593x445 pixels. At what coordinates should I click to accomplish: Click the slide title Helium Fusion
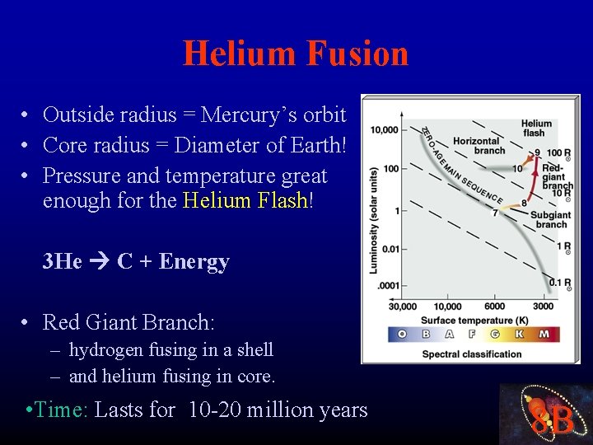296,54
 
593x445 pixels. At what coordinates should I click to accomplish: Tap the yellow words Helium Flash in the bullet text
245,200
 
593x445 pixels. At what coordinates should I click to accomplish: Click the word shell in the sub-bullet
254,349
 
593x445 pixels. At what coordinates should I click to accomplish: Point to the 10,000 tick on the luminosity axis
384,130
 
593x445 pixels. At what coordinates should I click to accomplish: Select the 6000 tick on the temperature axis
494,307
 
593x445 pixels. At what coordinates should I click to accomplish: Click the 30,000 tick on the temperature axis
403,307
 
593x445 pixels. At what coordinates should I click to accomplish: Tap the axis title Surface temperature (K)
474,320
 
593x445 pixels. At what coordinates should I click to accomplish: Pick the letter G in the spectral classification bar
496,335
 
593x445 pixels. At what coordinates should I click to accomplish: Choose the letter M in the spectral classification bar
544,335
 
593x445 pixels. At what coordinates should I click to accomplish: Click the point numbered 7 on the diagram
496,213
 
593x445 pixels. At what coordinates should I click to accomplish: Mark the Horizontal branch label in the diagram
478,146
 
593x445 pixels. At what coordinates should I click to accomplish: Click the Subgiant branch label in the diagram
550,219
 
